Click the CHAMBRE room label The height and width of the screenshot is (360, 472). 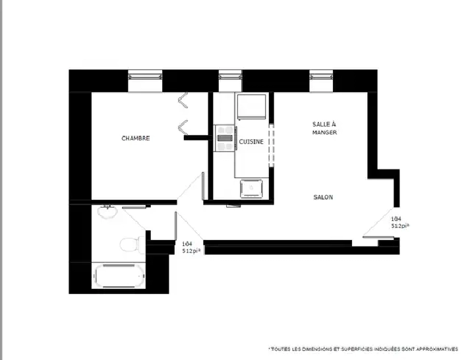point(135,138)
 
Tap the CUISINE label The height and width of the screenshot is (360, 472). point(251,142)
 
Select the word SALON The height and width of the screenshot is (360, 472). point(323,197)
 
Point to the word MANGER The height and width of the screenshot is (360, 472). point(324,133)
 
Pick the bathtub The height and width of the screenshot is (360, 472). point(119,276)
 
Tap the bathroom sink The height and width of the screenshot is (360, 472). point(107,211)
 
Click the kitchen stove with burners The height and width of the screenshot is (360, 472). point(225,138)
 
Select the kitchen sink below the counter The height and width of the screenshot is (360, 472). point(251,189)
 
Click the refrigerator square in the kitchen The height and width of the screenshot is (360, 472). point(251,107)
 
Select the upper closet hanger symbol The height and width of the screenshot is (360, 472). point(183,100)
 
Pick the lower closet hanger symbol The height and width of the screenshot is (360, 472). point(183,128)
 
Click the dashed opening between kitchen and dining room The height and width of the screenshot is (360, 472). point(271,145)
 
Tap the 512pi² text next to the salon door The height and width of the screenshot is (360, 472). point(401,225)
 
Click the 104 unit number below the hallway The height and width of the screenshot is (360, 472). point(187,244)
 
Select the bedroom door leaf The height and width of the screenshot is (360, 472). point(203,186)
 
